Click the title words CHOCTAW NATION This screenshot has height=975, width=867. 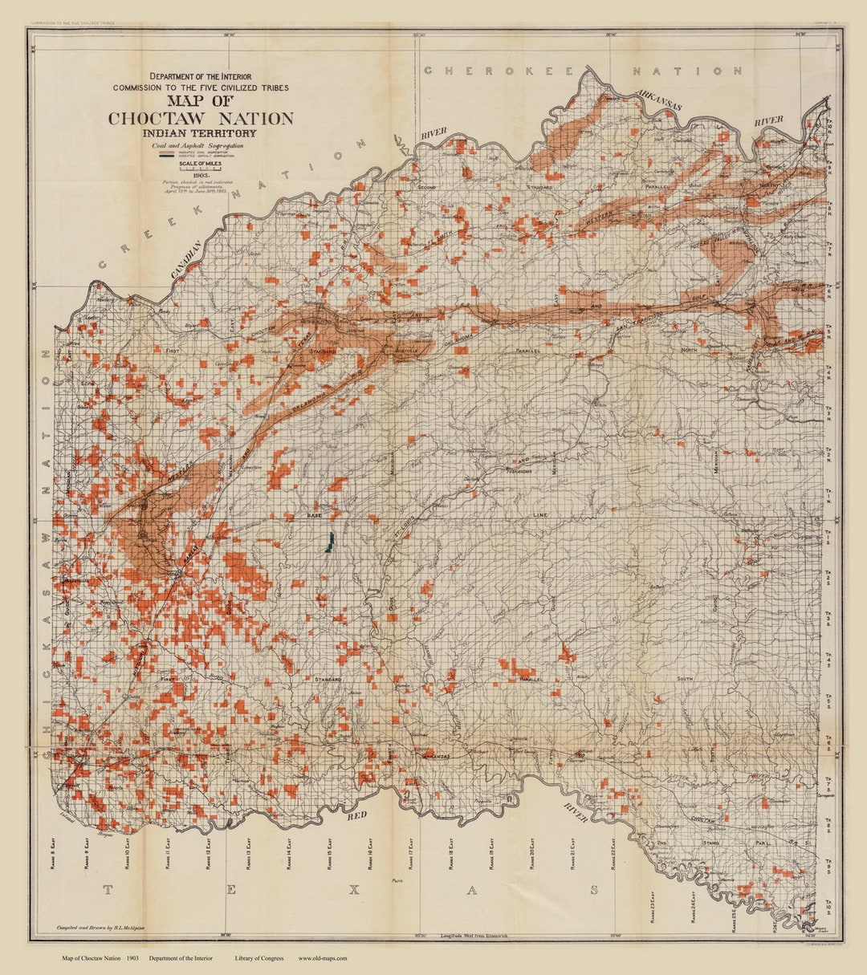pos(201,119)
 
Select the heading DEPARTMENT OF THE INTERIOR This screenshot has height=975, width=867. pos(201,77)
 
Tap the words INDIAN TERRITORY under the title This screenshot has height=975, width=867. pos(201,133)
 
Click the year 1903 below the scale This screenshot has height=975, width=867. pos(200,177)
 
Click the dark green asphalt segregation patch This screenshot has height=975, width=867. pos(329,543)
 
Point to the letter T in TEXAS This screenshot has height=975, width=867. pos(108,889)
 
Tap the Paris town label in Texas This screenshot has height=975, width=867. pos(395,880)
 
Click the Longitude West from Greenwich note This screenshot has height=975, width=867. pos(474,936)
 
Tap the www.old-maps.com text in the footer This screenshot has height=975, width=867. pos(323,958)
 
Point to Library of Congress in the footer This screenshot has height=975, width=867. pos(259,958)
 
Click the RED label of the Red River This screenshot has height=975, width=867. pos(356,816)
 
